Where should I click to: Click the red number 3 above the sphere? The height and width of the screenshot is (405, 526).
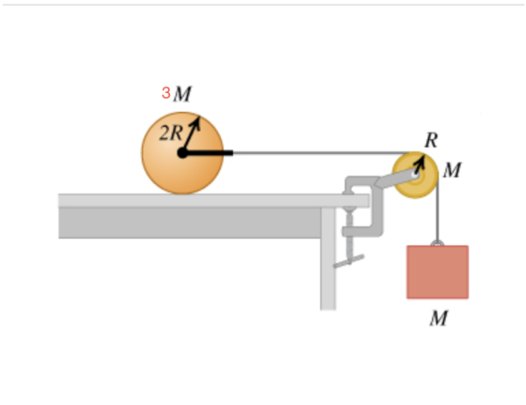pos(166,93)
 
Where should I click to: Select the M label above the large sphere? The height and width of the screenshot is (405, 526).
pos(182,94)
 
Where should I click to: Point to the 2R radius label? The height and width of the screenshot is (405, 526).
pos(171,133)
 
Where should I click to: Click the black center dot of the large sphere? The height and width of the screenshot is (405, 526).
pos(182,153)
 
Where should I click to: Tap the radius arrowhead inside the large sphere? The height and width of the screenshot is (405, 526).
pos(195,122)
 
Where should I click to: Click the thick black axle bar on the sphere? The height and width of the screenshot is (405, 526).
pos(208,153)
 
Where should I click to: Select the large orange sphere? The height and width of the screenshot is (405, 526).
pos(182,153)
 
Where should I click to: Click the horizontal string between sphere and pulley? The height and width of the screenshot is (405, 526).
pos(323,153)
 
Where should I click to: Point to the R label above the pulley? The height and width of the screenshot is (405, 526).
pos(431,140)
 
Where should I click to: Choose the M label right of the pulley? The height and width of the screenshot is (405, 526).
pos(452,170)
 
